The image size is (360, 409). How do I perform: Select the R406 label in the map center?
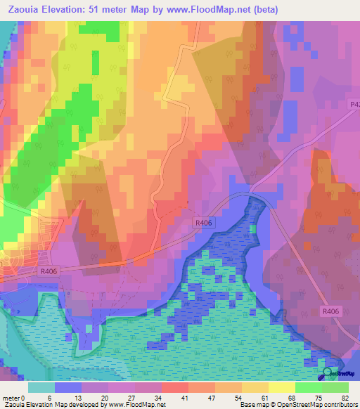pyautogui.click(x=203, y=222)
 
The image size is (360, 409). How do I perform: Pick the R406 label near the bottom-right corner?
pyautogui.click(x=330, y=311)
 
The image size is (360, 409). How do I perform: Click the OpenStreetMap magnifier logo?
pyautogui.click(x=328, y=374)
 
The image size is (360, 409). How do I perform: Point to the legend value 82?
pyautogui.click(x=345, y=398)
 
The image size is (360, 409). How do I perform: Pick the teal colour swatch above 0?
pyautogui.click(x=41, y=387)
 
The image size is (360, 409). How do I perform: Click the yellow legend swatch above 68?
pyautogui.click(x=281, y=387)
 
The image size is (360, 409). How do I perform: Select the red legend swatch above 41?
pyautogui.click(x=174, y=387)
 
